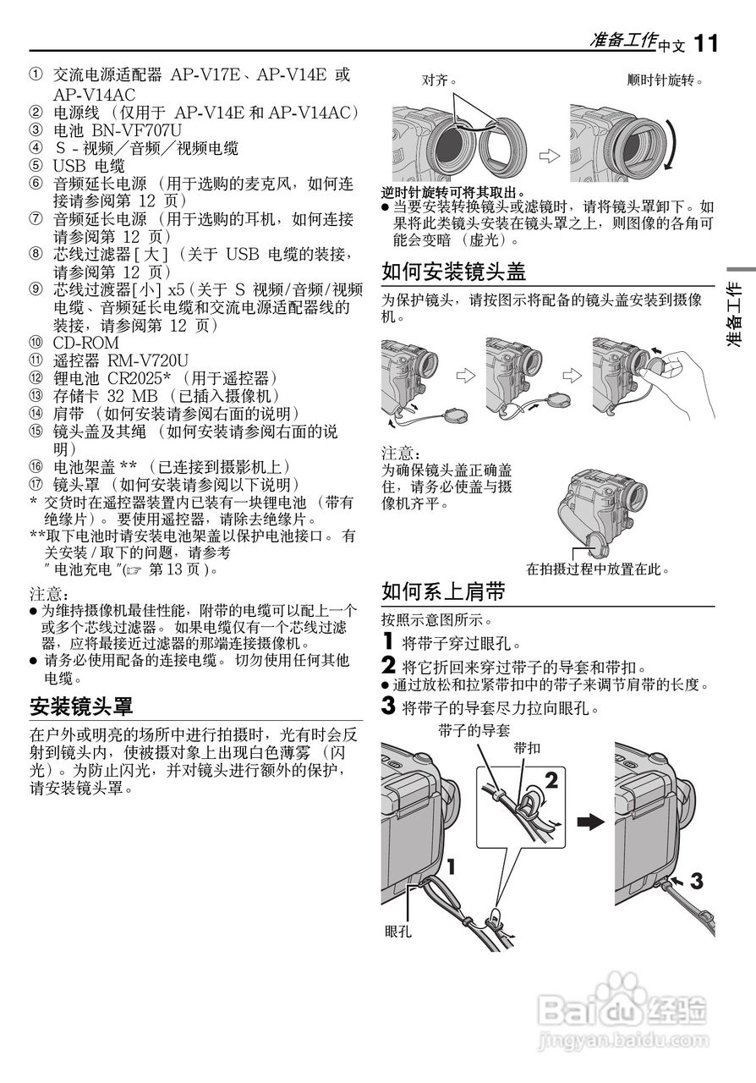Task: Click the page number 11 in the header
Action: click(706, 42)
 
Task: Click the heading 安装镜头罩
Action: click(81, 705)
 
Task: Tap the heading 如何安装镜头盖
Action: click(454, 272)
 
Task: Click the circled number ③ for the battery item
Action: click(36, 129)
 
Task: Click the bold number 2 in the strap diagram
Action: click(551, 783)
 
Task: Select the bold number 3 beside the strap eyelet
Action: click(696, 881)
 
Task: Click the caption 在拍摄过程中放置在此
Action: click(598, 569)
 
